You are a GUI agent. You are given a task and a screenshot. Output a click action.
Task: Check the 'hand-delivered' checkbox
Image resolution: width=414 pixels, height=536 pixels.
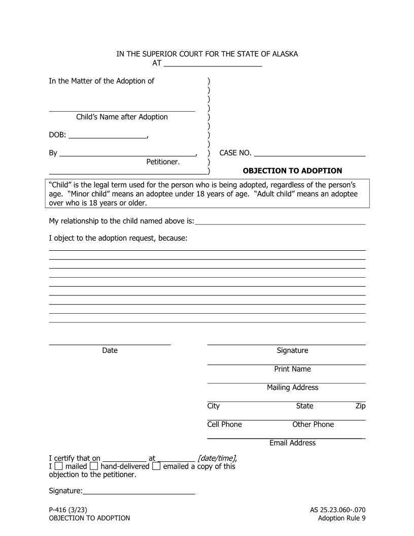pyautogui.click(x=94, y=466)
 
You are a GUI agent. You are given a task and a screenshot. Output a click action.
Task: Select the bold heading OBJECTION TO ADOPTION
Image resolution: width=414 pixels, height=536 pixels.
pyautogui.click(x=292, y=171)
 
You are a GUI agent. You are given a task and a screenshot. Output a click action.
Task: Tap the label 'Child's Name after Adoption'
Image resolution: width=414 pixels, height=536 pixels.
pyautogui.click(x=122, y=117)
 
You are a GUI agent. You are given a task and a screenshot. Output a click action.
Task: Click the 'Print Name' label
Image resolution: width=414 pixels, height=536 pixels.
pyautogui.click(x=292, y=369)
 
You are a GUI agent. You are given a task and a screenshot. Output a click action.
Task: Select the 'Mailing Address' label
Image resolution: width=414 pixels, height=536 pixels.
pyautogui.click(x=292, y=387)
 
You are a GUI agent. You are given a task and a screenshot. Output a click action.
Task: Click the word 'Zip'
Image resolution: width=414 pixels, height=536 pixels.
pyautogui.click(x=360, y=406)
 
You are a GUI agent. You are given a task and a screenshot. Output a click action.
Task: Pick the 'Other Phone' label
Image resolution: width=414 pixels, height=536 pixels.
pyautogui.click(x=313, y=424)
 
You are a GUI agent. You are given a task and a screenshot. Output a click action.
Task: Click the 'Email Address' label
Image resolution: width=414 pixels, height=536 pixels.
pyautogui.click(x=292, y=443)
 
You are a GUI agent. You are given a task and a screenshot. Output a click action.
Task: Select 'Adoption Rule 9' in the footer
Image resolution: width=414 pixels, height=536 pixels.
pyautogui.click(x=341, y=518)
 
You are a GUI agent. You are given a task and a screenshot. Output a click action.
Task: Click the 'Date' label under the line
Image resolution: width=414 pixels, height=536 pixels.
pyautogui.click(x=110, y=350)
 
